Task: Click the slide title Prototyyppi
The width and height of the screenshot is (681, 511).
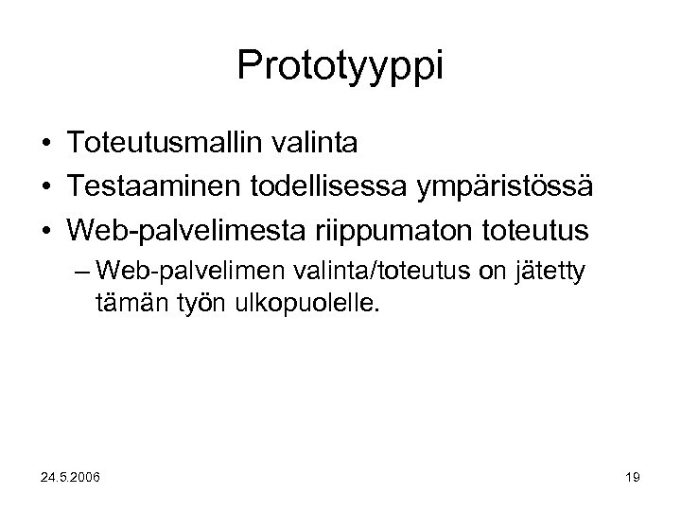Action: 340,65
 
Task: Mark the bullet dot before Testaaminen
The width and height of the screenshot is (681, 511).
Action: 45,187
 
